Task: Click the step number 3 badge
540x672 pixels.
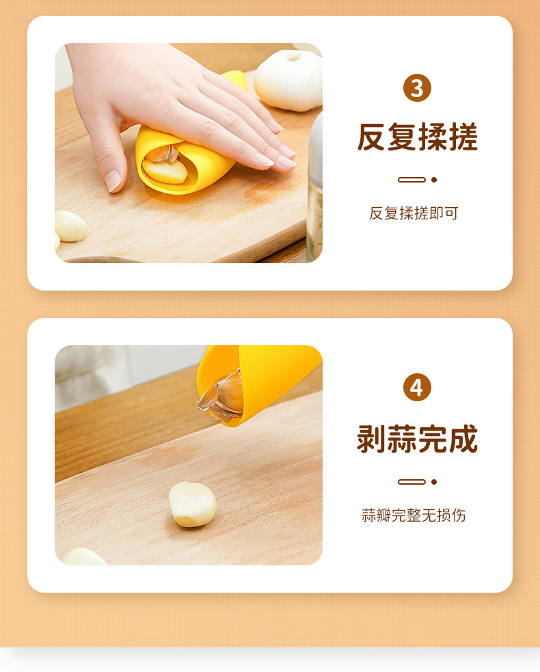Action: tap(417, 88)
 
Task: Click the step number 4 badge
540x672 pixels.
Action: tap(417, 388)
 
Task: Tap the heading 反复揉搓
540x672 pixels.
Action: tap(418, 137)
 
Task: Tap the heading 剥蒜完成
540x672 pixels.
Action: tap(418, 439)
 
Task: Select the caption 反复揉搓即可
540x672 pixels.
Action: tap(414, 213)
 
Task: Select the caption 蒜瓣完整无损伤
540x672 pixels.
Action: tap(414, 515)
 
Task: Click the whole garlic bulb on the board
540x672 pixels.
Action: tap(288, 80)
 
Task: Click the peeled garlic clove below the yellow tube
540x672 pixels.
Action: tap(192, 504)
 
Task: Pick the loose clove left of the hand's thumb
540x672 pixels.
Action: tap(70, 226)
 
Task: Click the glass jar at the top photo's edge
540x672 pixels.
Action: tap(315, 187)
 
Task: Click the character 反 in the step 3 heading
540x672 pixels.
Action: tap(372, 137)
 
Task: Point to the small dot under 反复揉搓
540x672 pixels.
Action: tap(434, 180)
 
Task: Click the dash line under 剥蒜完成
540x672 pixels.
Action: tap(412, 482)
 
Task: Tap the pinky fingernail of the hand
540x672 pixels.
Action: tap(286, 163)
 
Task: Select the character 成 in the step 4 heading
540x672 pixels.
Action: tap(463, 439)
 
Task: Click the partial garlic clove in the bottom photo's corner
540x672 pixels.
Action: tap(83, 556)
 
